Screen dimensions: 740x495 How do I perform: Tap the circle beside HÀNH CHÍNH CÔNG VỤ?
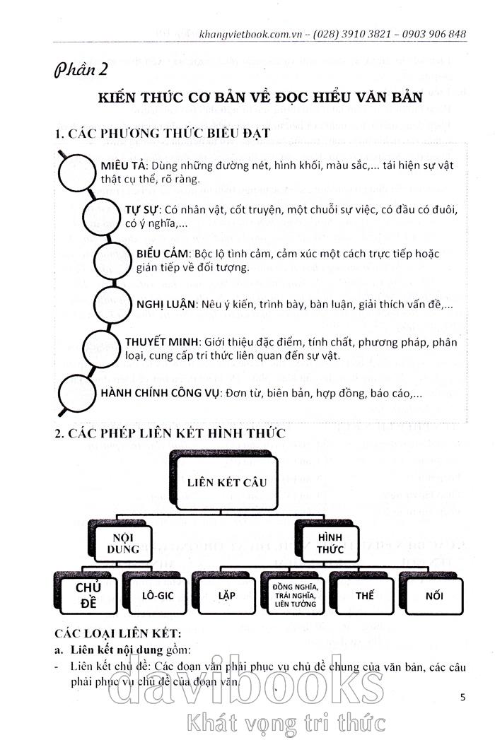[x=74, y=393]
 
